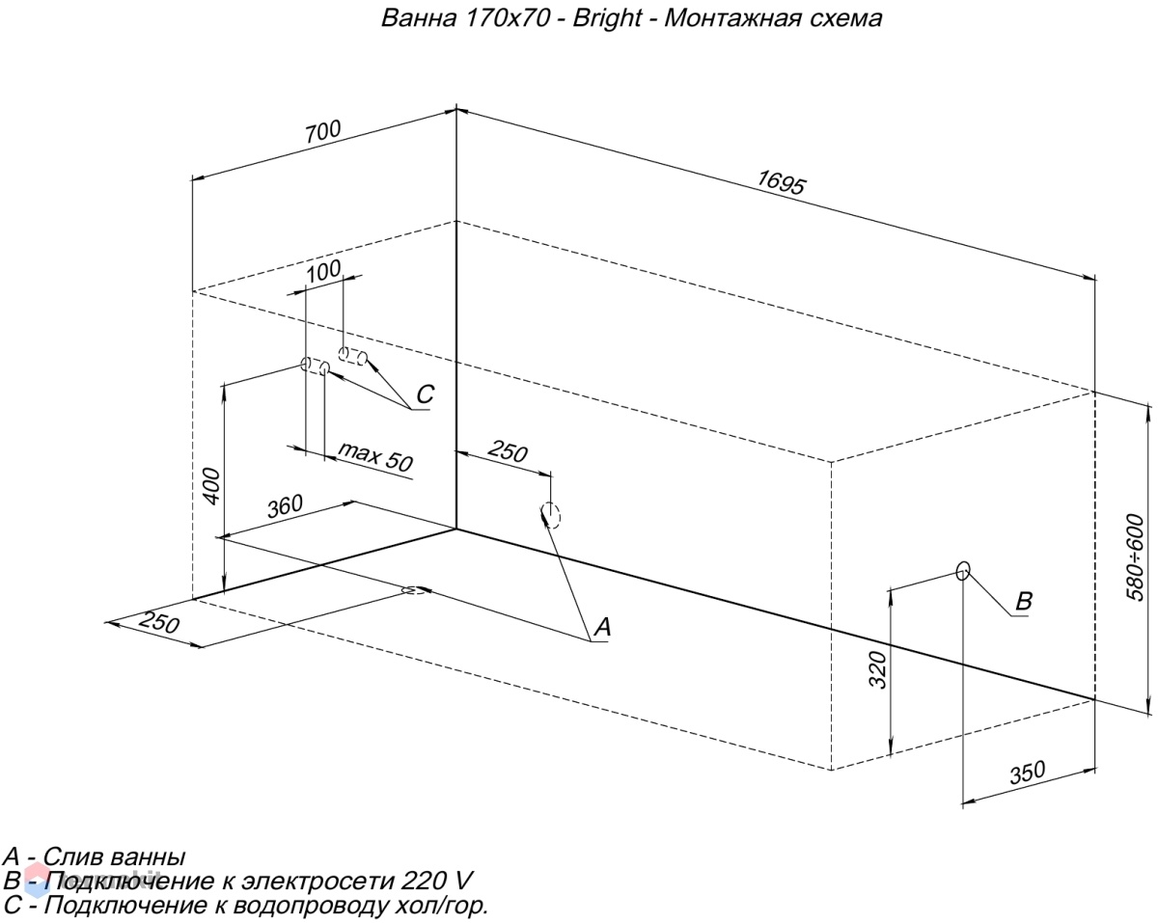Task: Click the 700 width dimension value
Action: [323, 132]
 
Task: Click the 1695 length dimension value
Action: [781, 182]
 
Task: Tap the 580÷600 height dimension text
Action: [1135, 557]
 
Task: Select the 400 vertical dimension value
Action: [212, 486]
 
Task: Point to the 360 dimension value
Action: [285, 506]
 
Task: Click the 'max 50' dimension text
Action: [375, 456]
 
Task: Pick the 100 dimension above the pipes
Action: [323, 272]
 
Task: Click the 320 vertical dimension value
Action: [877, 669]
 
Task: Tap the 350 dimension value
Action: [1027, 773]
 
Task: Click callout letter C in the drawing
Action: [426, 394]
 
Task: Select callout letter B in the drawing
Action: [1024, 601]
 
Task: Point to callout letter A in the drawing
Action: [602, 627]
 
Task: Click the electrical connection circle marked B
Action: [963, 571]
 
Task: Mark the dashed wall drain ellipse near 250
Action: [550, 515]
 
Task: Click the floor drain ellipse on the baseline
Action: [414, 590]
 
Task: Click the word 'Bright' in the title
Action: [607, 18]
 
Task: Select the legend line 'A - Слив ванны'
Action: [95, 856]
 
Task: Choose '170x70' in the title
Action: [506, 18]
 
